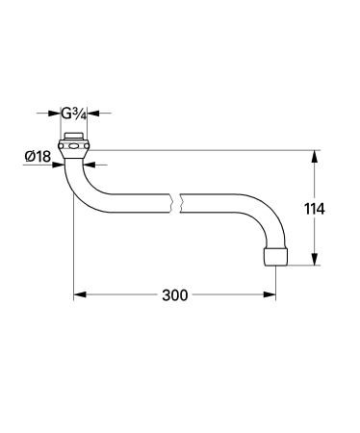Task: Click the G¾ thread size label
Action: point(75,115)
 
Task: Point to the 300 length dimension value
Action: point(174,294)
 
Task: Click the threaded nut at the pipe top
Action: point(75,150)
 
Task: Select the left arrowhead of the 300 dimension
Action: point(80,294)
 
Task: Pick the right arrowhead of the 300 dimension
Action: point(272,294)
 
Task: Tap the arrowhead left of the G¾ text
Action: point(60,115)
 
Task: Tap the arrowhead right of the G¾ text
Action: point(91,115)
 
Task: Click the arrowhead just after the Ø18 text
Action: point(61,166)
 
